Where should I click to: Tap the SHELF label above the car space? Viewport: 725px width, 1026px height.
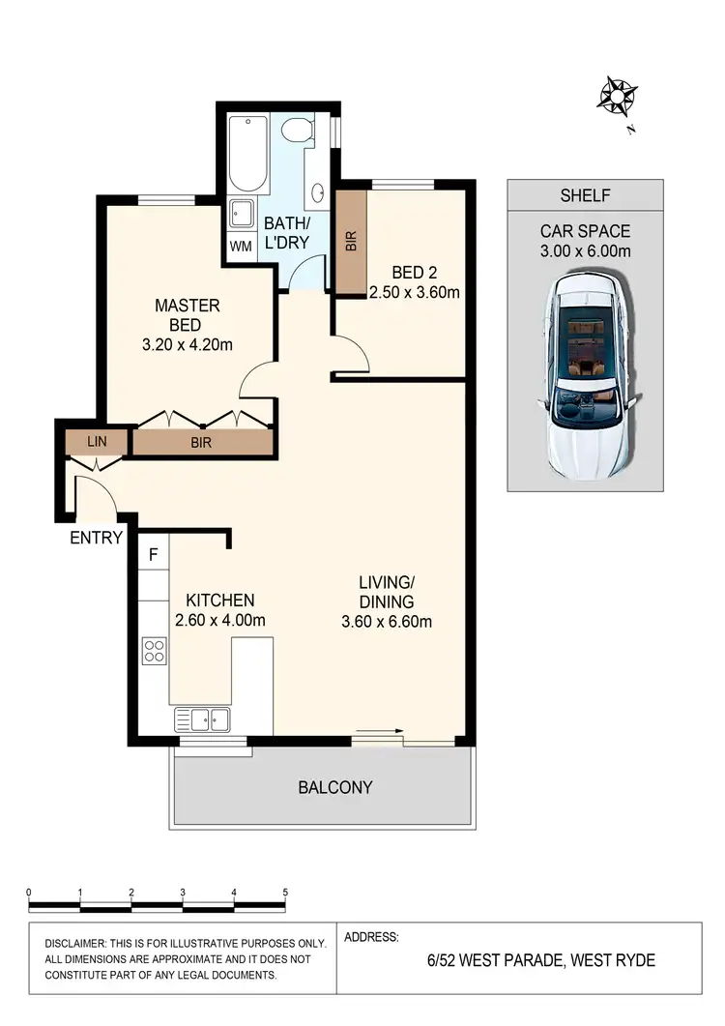click(585, 195)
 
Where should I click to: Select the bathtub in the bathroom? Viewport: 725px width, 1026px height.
click(248, 155)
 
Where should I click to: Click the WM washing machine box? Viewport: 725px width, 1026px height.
click(241, 246)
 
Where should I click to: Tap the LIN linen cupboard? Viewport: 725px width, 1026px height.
click(97, 443)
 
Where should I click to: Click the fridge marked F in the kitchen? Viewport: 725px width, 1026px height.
click(153, 555)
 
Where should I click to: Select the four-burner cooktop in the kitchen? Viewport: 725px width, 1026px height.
click(154, 651)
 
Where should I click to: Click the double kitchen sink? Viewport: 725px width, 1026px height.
click(203, 719)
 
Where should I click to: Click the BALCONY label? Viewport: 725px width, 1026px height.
click(334, 787)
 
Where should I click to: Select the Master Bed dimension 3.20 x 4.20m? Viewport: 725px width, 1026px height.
click(188, 344)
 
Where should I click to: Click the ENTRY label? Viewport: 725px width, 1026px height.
click(96, 538)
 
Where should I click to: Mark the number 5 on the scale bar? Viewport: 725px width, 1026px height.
click(285, 893)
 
